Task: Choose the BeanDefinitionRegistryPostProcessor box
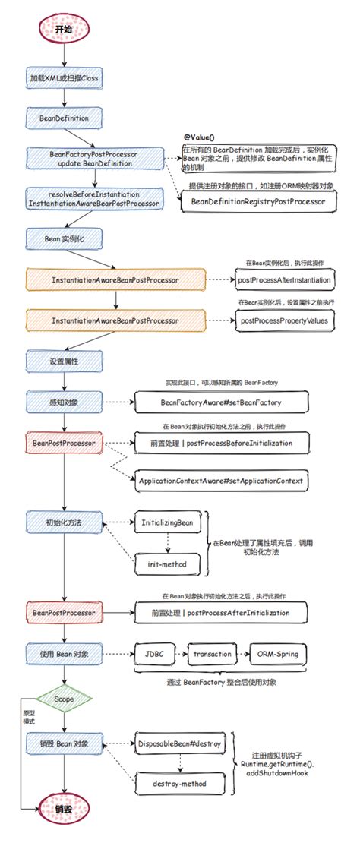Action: tap(257, 201)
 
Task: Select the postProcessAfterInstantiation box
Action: tap(286, 280)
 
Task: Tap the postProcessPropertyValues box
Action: tap(286, 320)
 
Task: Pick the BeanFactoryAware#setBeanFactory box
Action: tap(210, 401)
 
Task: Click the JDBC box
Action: tap(154, 653)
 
